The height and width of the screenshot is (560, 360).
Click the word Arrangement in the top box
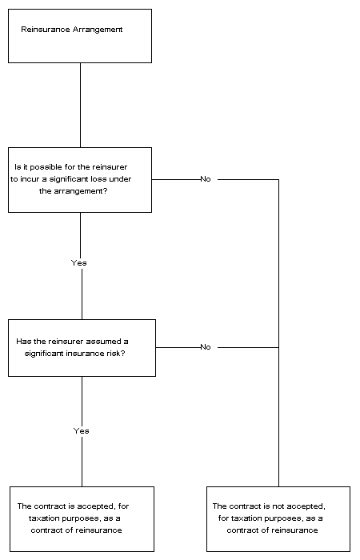98,30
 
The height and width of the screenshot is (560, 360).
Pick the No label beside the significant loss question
206,179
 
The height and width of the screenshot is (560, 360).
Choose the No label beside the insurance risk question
206,346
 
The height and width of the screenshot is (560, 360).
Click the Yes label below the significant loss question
79,263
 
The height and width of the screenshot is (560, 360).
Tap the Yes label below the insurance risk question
81,430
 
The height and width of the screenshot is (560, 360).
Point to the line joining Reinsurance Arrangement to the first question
80,106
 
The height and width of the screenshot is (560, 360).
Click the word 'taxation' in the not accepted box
245,518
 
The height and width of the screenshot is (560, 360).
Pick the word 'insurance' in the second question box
86,354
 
